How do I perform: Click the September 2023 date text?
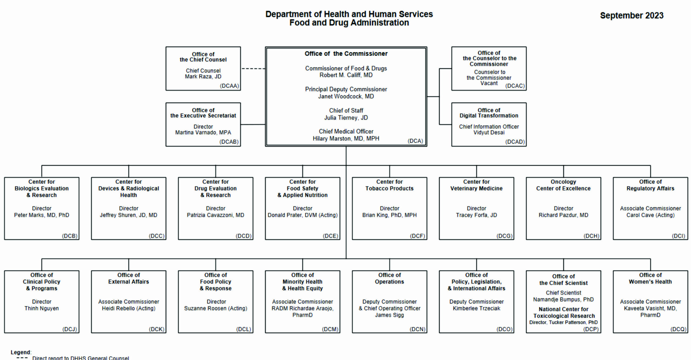(x=632, y=15)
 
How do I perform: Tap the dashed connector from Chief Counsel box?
(x=253, y=69)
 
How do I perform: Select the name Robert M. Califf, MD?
(x=346, y=75)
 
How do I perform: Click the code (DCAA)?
(x=229, y=86)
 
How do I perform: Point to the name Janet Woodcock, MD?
(x=346, y=96)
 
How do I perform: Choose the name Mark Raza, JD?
(x=203, y=76)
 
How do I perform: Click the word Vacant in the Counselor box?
(x=489, y=83)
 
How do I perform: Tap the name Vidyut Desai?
(x=489, y=133)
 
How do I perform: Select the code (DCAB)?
(x=229, y=142)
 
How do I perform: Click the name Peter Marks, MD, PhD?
(x=42, y=215)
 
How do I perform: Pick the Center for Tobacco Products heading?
(x=389, y=185)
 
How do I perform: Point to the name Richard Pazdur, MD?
(x=563, y=215)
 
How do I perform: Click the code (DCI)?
(x=679, y=236)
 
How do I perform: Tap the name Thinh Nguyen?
(x=42, y=308)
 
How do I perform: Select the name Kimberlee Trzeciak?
(x=476, y=308)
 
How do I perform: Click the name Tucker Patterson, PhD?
(x=573, y=322)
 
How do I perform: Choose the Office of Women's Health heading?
(x=650, y=278)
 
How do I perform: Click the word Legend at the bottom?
(x=21, y=352)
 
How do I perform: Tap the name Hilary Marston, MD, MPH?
(x=346, y=139)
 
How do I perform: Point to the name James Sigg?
(x=389, y=315)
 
